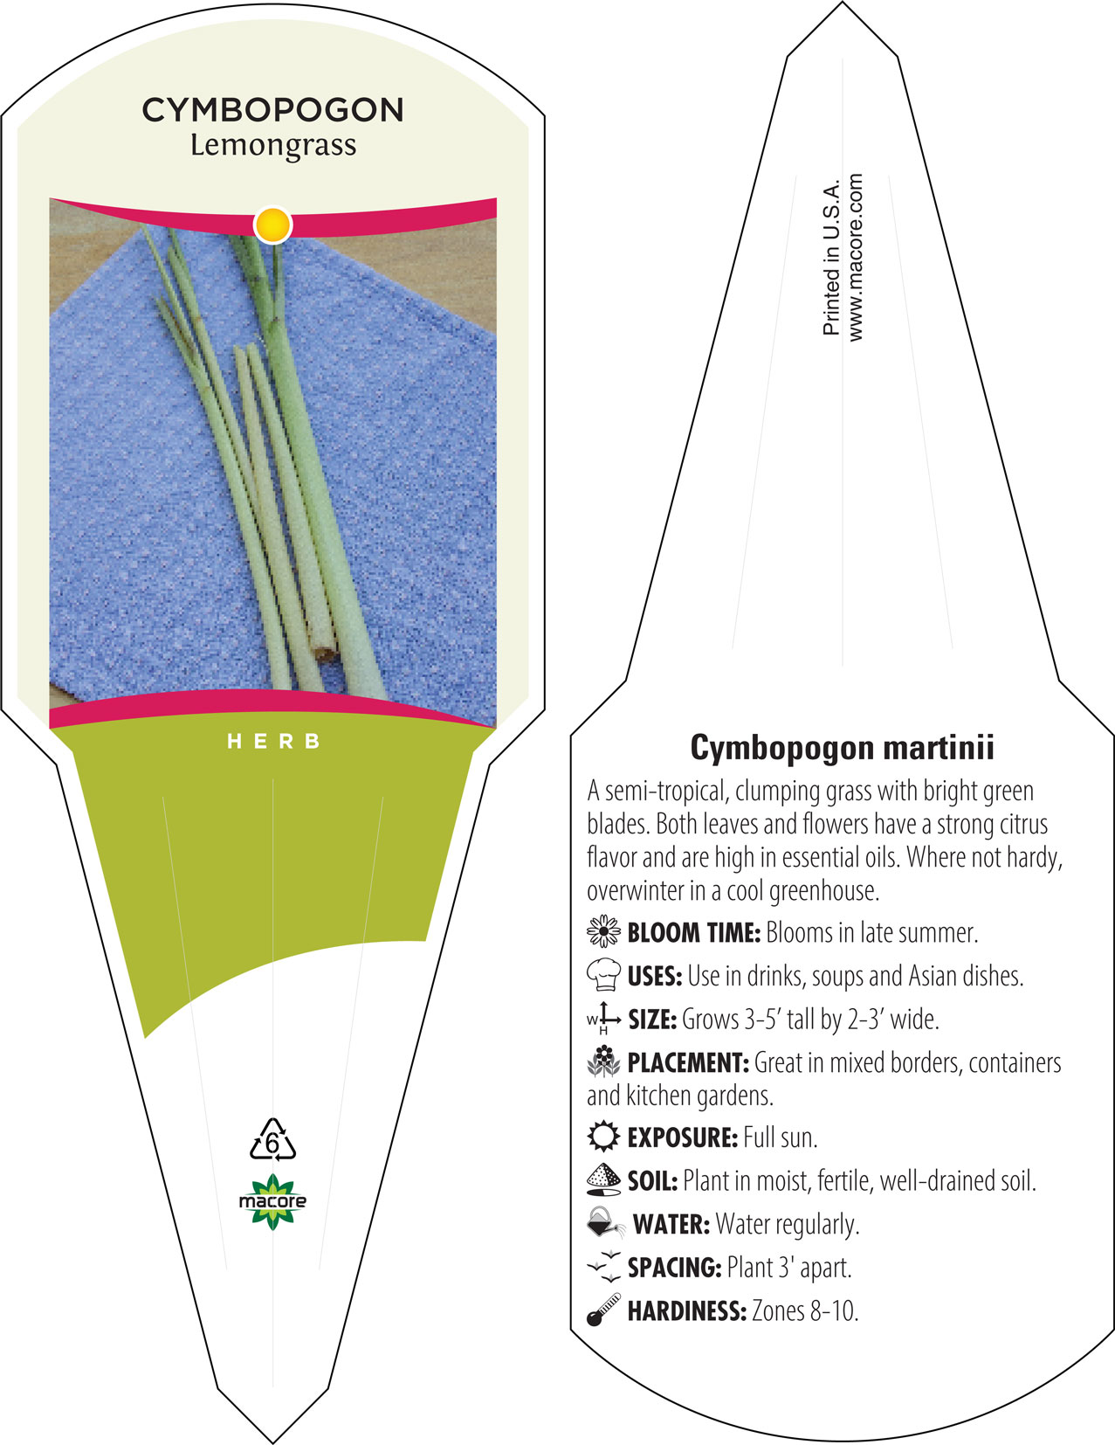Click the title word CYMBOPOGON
[x=272, y=110]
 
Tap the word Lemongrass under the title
[x=273, y=146]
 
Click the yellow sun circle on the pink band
[x=272, y=225]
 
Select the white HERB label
[x=274, y=741]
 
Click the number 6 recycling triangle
[x=272, y=1139]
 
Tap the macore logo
[x=272, y=1201]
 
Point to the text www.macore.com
[x=855, y=258]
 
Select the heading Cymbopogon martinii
[x=842, y=748]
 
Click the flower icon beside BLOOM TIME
[x=603, y=931]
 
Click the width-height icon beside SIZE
[x=603, y=1018]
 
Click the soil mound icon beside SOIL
[x=603, y=1179]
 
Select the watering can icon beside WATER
[x=605, y=1222]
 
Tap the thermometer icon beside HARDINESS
[x=603, y=1310]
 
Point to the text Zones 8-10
[x=805, y=1310]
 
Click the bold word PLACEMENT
[x=688, y=1062]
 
